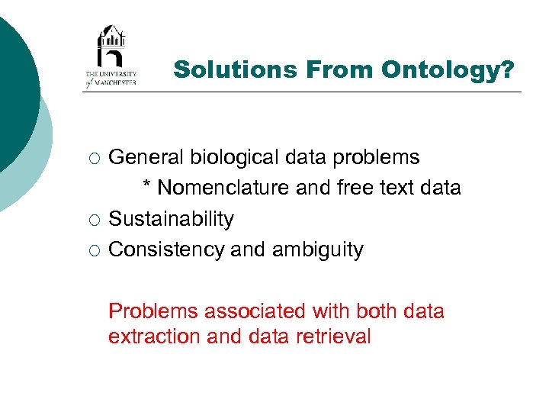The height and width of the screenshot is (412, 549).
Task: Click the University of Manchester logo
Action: [111, 56]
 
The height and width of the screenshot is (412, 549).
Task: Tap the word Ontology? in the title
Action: [448, 69]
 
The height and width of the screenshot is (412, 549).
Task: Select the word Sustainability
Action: [172, 219]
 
